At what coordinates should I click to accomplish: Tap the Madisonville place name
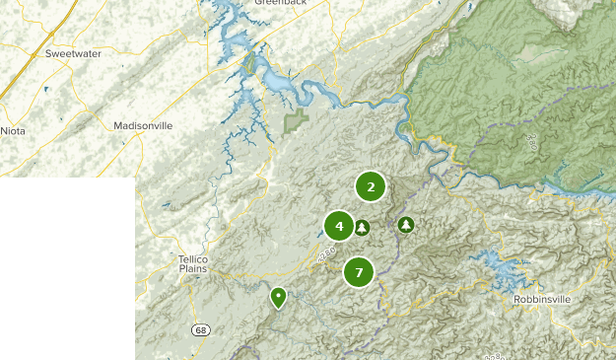click(143, 126)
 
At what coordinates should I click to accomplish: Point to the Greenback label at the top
click(281, 3)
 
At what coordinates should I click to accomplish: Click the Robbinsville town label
click(543, 299)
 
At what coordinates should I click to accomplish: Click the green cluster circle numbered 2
click(371, 185)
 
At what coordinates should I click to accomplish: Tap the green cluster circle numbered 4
click(339, 226)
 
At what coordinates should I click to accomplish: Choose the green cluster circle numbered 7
click(359, 271)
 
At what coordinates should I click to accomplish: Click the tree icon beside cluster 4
click(363, 228)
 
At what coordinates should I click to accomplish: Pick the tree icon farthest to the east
click(406, 225)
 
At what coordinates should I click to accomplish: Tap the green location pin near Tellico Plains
click(278, 296)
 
